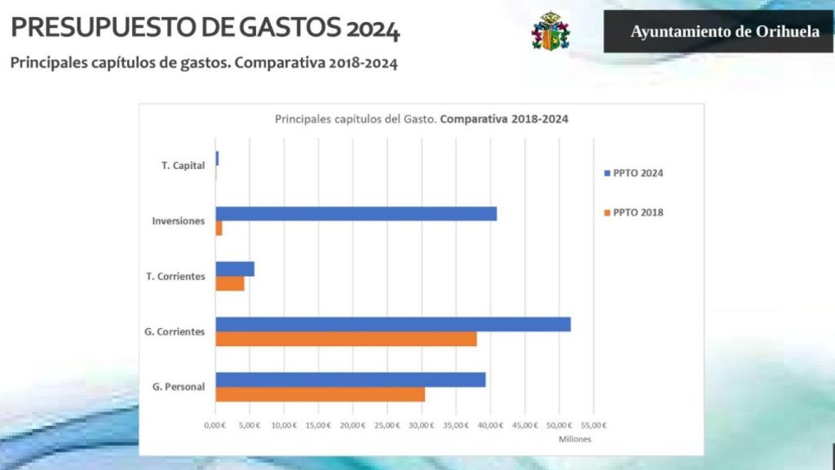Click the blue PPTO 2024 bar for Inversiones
356,214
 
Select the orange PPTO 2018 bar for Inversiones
219,228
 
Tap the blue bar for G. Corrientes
393,324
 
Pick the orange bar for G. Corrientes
346,339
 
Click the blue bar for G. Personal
351,379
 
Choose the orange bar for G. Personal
320,394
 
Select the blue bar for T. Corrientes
235,269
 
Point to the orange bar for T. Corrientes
230,284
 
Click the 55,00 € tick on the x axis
593,425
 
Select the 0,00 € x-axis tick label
214,425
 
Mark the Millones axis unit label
574,439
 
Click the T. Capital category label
183,166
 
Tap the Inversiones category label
178,221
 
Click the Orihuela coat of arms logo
550,32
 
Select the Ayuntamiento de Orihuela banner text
725,32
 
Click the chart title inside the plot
421,118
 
